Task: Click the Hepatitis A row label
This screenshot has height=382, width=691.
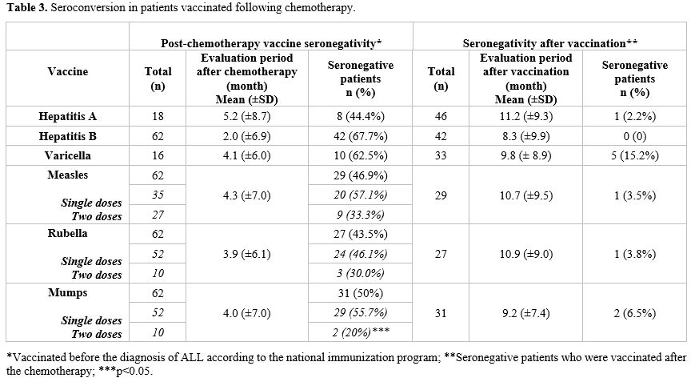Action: (67, 116)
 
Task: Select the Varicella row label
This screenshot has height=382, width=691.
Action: (67, 155)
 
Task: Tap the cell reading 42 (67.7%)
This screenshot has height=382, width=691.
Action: (361, 136)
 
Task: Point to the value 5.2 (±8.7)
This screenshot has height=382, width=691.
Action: (247, 116)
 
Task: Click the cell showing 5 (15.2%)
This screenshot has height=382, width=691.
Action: (634, 155)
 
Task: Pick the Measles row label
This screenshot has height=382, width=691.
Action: (67, 175)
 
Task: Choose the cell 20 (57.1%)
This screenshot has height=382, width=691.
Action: (361, 195)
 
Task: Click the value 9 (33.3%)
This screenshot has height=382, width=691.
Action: (361, 215)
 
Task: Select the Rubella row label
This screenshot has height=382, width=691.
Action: (67, 233)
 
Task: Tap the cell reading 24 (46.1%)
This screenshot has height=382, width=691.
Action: (361, 254)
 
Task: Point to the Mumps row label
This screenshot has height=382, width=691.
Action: (67, 293)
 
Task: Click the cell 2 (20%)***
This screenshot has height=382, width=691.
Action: (361, 332)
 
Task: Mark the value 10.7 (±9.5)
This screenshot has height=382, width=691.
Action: (525, 195)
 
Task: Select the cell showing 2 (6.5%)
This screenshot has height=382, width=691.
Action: (634, 313)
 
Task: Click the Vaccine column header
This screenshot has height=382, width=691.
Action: (67, 71)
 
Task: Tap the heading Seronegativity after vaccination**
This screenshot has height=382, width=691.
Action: (550, 43)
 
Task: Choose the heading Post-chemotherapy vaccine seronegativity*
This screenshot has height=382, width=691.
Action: (271, 43)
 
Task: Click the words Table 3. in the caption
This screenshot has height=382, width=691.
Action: (26, 8)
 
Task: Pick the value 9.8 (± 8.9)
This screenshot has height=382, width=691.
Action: (525, 155)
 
